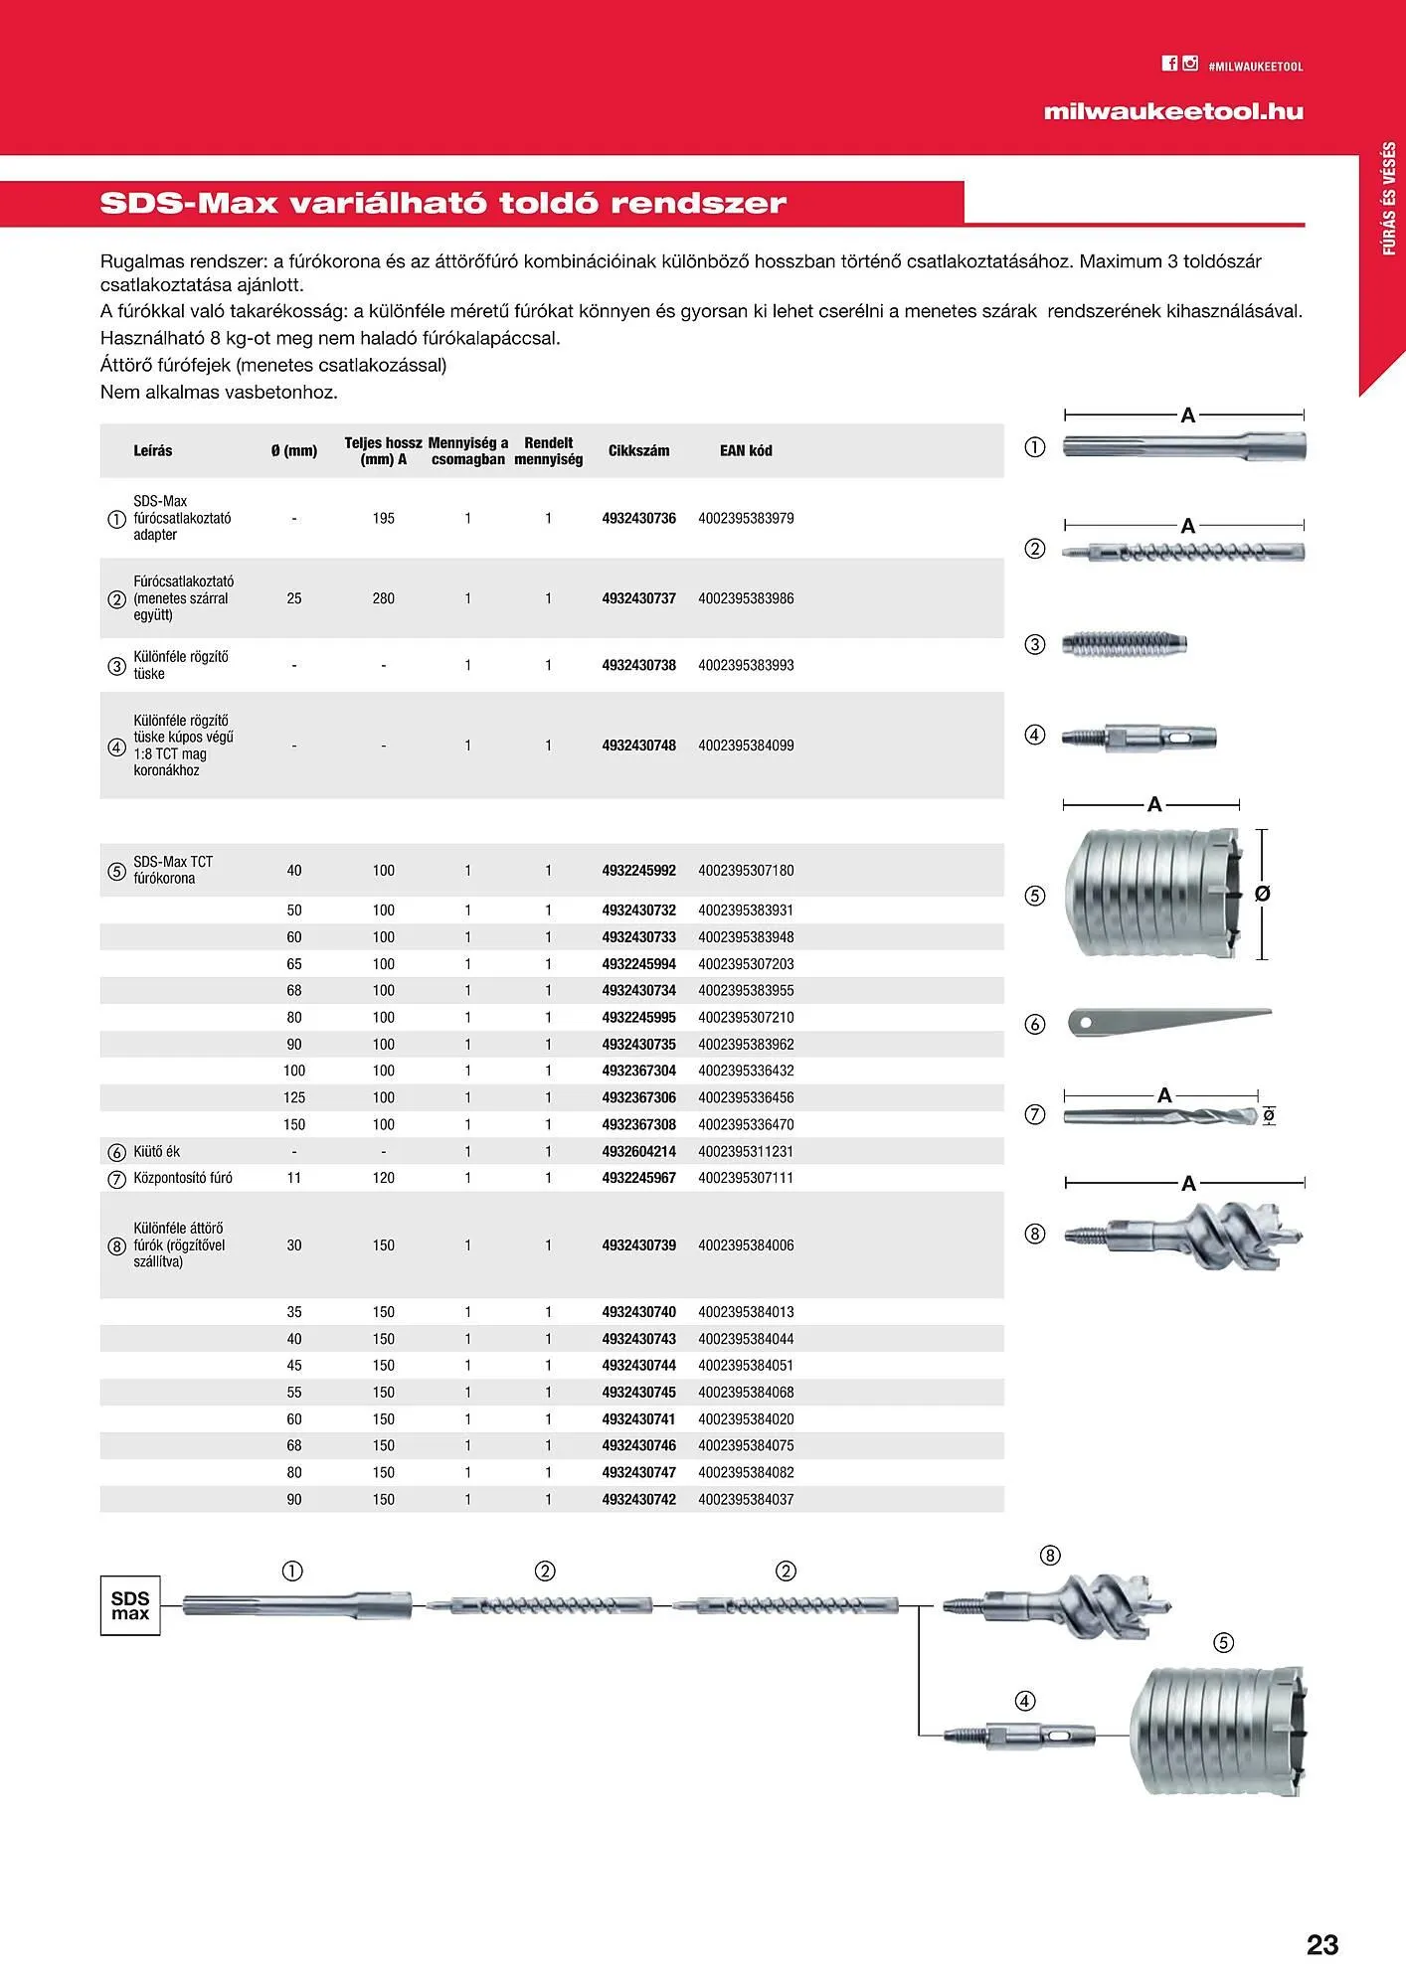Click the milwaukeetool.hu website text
point(1172,111)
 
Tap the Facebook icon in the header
point(1169,64)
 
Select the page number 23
point(1321,1944)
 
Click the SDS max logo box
point(130,1605)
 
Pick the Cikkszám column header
point(638,450)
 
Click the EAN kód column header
point(746,450)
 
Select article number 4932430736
point(638,518)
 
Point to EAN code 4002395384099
point(746,745)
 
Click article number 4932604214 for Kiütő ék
point(638,1151)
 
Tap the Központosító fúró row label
point(183,1178)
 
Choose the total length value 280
point(384,598)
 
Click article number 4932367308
point(638,1124)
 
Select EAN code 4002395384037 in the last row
point(746,1499)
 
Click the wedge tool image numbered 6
point(1168,1021)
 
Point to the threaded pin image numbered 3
point(1125,643)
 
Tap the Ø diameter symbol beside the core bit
point(1263,894)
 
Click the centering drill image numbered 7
point(1158,1116)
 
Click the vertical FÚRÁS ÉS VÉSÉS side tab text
point(1389,199)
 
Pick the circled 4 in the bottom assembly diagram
point(1025,1701)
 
